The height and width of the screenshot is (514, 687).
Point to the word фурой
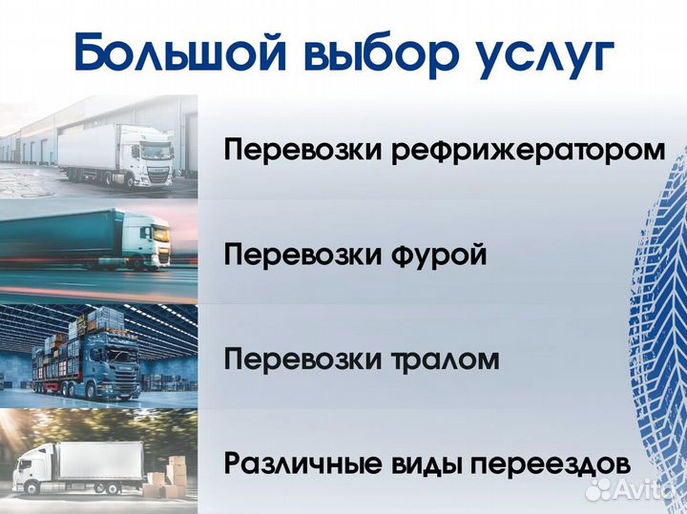[x=440, y=256]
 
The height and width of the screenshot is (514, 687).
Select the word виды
[x=423, y=464]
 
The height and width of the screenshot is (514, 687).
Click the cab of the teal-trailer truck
[x=151, y=240]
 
